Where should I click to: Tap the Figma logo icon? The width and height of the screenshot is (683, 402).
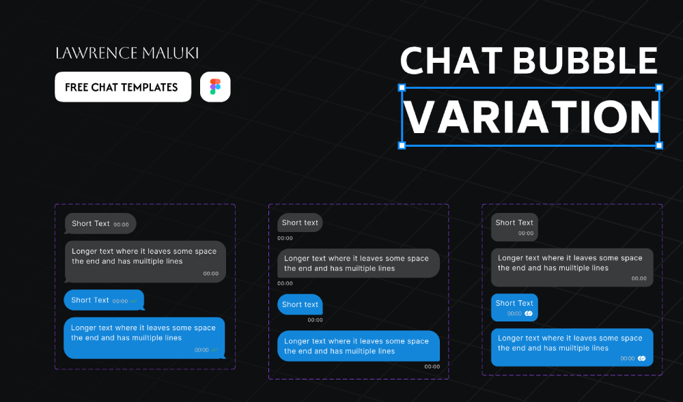[215, 87]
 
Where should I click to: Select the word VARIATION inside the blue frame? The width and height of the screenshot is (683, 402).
[531, 117]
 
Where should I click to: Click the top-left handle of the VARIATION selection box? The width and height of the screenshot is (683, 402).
[402, 87]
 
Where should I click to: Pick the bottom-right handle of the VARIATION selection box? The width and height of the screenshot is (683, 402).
[659, 145]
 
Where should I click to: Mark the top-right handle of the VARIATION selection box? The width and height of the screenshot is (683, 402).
[659, 87]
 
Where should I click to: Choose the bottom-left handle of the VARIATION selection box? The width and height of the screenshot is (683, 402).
[402, 145]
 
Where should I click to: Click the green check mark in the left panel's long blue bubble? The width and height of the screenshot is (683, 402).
[214, 350]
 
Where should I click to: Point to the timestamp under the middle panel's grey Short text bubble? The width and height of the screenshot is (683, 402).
[285, 238]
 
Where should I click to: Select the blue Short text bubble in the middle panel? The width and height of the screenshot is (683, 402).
[300, 304]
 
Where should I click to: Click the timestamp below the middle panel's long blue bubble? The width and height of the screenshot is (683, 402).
[432, 367]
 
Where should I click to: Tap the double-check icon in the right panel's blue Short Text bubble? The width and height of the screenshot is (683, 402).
[528, 313]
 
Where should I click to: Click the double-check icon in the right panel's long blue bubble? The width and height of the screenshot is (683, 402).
[641, 358]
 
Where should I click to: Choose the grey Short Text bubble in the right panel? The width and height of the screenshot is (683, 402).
[514, 227]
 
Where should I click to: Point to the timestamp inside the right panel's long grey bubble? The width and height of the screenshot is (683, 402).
[639, 278]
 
